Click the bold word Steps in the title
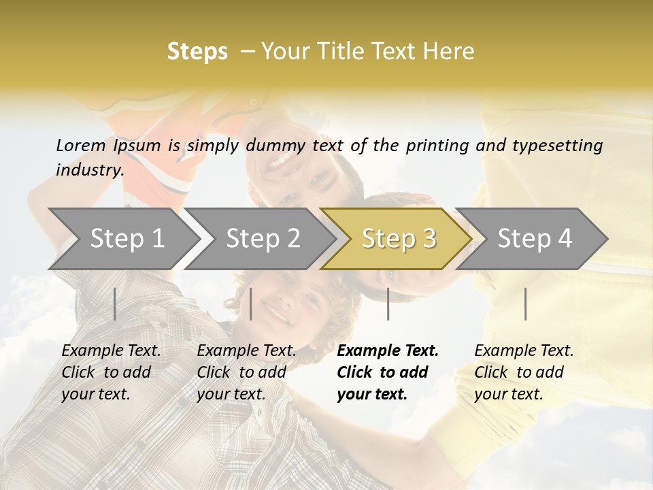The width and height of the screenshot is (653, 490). point(197,52)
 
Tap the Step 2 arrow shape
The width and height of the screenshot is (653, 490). point(263,238)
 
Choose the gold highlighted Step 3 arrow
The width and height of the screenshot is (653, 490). point(399,238)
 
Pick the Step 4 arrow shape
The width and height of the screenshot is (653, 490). point(535,238)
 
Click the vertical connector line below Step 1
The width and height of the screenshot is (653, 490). point(115,304)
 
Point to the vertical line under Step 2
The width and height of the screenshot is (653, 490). point(251,304)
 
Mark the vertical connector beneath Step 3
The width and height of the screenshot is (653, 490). point(388,304)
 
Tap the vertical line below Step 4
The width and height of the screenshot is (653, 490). point(525,304)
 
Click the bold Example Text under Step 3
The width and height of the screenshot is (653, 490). point(388,351)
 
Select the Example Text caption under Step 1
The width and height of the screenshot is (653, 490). point(111,351)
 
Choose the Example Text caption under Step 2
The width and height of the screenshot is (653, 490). point(246,351)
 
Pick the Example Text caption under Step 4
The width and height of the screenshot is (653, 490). point(524,351)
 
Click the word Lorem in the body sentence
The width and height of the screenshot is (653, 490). point(81,145)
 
